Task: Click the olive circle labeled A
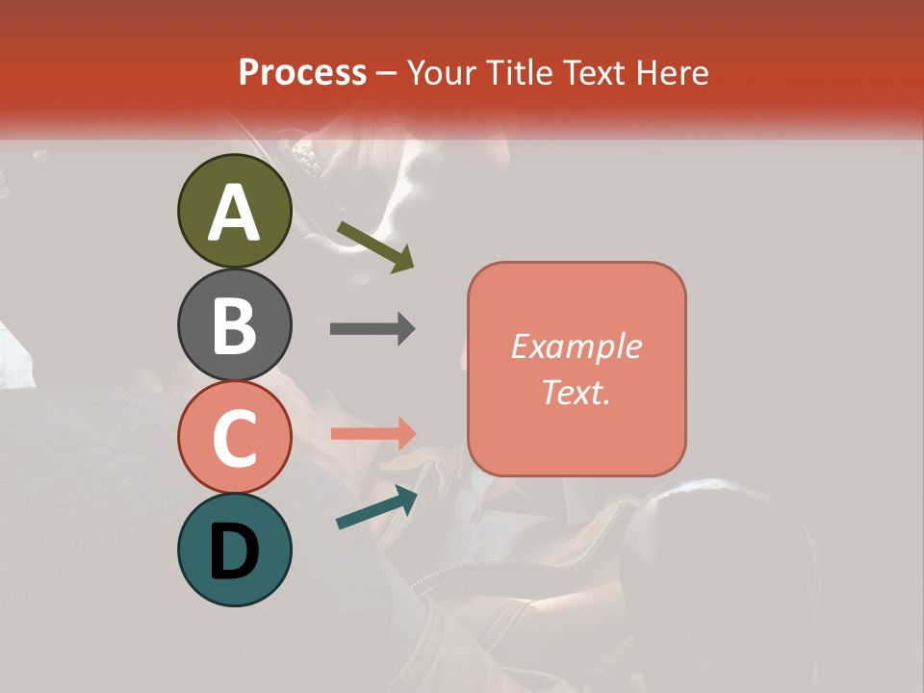point(234,211)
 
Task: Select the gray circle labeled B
point(234,324)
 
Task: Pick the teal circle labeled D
point(234,550)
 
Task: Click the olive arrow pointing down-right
point(375,245)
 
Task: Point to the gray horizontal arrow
point(372,329)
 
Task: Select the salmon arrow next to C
point(372,433)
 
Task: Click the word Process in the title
point(302,73)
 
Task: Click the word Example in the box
point(576,346)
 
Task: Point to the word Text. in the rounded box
point(576,392)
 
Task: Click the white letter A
point(234,213)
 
